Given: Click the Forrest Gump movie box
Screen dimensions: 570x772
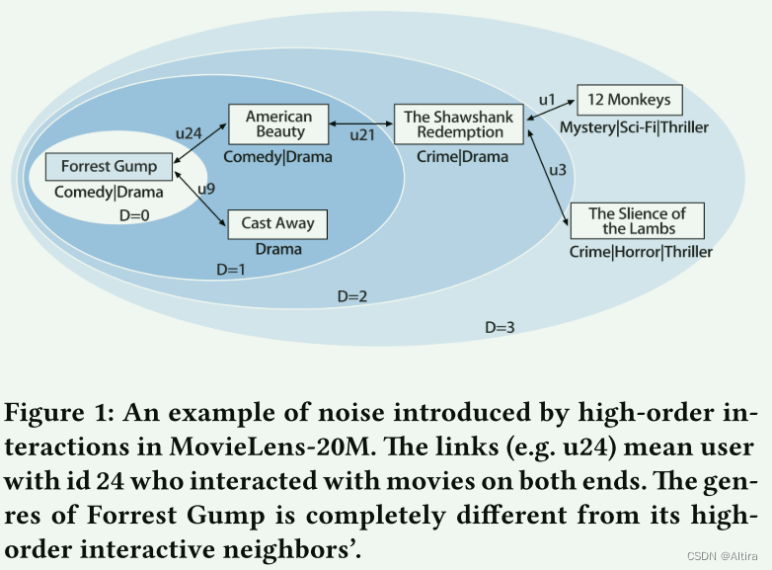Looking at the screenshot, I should pyautogui.click(x=109, y=166).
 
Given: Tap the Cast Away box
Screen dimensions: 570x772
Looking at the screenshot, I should pyautogui.click(x=277, y=223).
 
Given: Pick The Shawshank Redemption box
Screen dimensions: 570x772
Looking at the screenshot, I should pyautogui.click(x=459, y=124).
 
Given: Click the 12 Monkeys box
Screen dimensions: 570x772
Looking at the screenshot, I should pyautogui.click(x=628, y=100).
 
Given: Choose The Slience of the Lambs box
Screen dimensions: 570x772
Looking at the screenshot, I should pyautogui.click(x=637, y=220).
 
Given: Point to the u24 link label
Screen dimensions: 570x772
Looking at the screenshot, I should pyautogui.click(x=188, y=130).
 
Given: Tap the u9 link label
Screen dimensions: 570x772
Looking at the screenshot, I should pyautogui.click(x=207, y=188).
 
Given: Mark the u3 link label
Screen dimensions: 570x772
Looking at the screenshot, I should pyautogui.click(x=557, y=170).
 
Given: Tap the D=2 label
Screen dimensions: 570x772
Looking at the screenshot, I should pyautogui.click(x=352, y=295).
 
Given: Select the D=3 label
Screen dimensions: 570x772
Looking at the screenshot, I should pyautogui.click(x=500, y=327).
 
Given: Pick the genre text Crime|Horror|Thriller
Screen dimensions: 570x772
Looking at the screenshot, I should pyautogui.click(x=641, y=252).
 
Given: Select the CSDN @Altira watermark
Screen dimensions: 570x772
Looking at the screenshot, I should pyautogui.click(x=721, y=556).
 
